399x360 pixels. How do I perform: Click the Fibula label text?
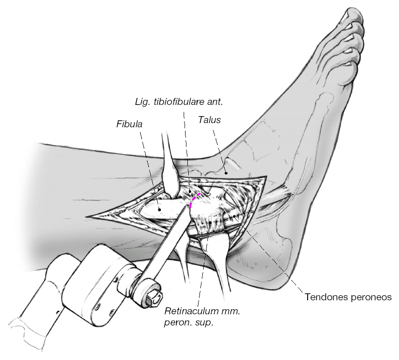point(129,125)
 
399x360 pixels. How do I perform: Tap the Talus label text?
point(209,120)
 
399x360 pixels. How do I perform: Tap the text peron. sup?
point(190,323)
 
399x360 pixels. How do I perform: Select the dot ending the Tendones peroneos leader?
point(234,216)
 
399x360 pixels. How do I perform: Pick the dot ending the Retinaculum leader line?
point(210,223)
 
